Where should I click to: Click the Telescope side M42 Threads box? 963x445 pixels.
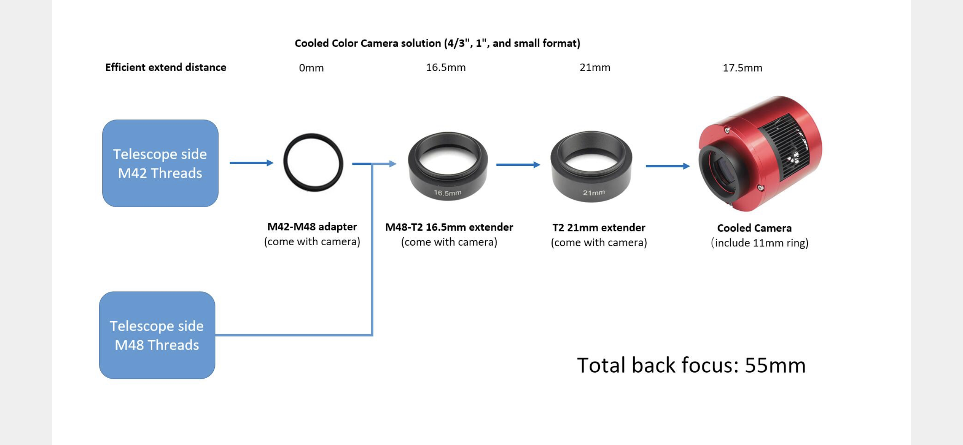click(x=160, y=163)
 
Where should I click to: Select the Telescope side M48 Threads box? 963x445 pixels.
click(x=157, y=335)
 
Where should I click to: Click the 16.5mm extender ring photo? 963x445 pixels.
click(x=448, y=166)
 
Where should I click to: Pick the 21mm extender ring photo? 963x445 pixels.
click(x=591, y=166)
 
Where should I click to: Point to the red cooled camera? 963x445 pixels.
click(x=759, y=154)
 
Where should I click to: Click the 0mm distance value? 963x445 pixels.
click(x=311, y=68)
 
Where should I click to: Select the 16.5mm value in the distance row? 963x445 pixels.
click(x=446, y=68)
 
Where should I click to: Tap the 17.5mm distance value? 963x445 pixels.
click(x=742, y=68)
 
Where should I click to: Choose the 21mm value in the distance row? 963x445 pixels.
click(x=595, y=68)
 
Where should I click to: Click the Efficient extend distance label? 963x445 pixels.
click(x=166, y=68)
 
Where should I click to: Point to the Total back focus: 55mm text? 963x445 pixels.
click(x=691, y=365)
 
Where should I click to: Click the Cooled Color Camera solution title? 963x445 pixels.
click(x=437, y=43)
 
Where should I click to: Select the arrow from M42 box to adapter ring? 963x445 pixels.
click(x=251, y=163)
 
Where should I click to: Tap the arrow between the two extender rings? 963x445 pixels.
click(x=518, y=165)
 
